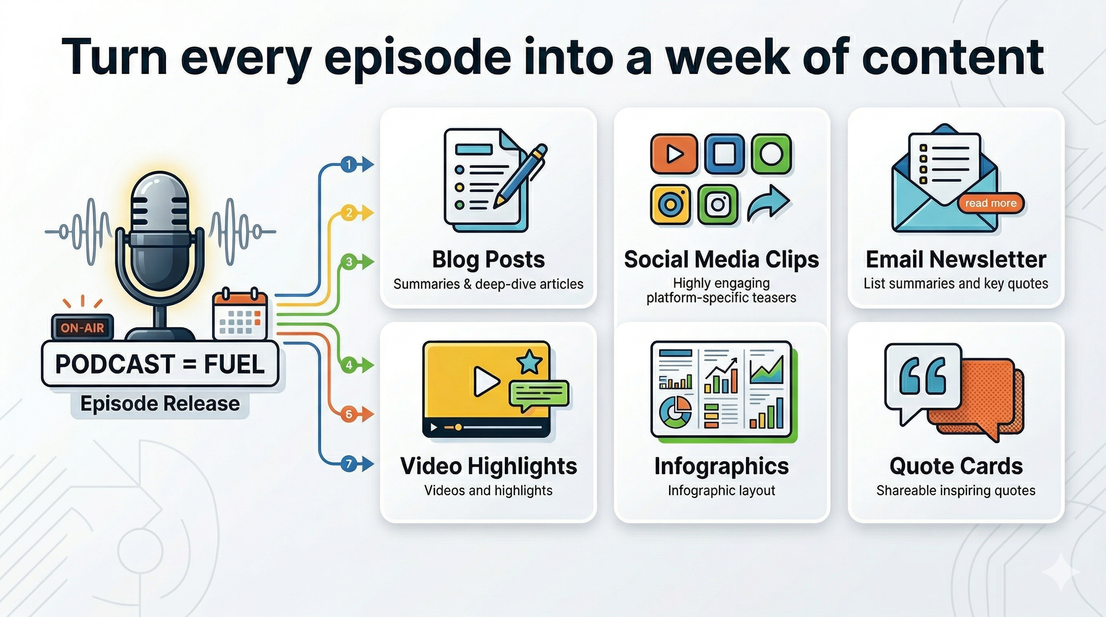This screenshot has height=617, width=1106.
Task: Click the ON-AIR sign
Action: tap(82, 328)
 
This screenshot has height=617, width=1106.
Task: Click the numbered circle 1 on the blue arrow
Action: tap(349, 165)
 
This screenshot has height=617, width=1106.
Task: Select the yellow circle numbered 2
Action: tap(349, 213)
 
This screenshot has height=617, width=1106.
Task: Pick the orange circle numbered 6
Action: tap(349, 414)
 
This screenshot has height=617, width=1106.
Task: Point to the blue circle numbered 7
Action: tap(349, 464)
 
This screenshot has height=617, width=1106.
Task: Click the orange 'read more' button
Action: tap(991, 203)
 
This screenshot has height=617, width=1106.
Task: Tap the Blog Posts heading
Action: tap(488, 260)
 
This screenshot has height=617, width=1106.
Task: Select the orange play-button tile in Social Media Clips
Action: tap(674, 154)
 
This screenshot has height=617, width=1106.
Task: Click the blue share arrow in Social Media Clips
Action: tap(768, 203)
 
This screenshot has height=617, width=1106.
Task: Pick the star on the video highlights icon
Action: tap(530, 362)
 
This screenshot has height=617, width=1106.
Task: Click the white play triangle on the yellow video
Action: tap(485, 381)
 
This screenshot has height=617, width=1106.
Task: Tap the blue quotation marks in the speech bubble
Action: tap(922, 376)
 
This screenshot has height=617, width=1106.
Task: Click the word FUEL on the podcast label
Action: tap(234, 364)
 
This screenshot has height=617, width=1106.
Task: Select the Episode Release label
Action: tap(160, 404)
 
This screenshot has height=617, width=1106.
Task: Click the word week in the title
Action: tap(728, 57)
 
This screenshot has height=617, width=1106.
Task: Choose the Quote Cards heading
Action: tap(956, 466)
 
